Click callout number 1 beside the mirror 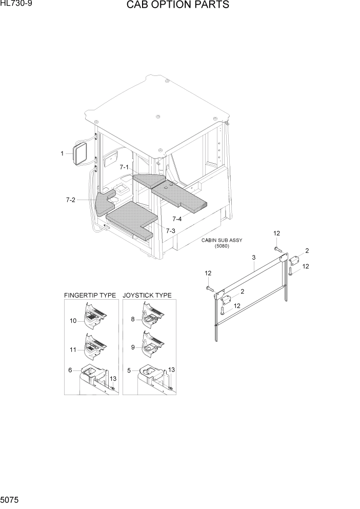(62, 153)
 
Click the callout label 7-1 (125, 167)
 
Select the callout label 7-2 (71, 200)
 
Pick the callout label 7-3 (170, 231)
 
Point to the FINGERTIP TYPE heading (90, 296)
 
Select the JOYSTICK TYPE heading (147, 296)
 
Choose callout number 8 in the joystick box (132, 319)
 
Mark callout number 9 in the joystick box (132, 347)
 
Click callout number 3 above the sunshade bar (253, 257)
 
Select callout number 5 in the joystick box (128, 370)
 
